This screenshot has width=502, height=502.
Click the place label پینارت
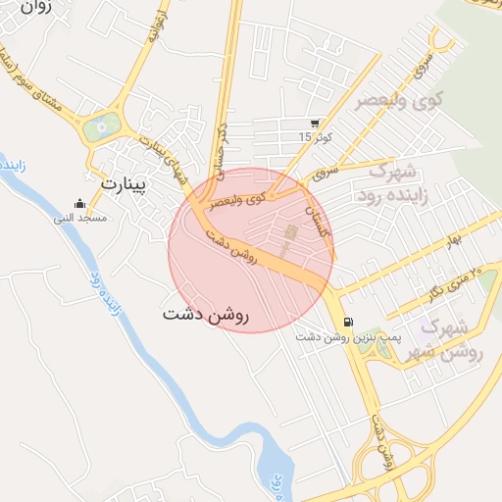point(123,182)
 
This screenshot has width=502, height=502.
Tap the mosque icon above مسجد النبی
point(79,203)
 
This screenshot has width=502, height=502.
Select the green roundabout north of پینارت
point(101,125)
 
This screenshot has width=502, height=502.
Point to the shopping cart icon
point(313,124)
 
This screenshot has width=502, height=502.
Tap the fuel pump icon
point(347,322)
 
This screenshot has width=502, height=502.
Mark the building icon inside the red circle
point(289,233)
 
